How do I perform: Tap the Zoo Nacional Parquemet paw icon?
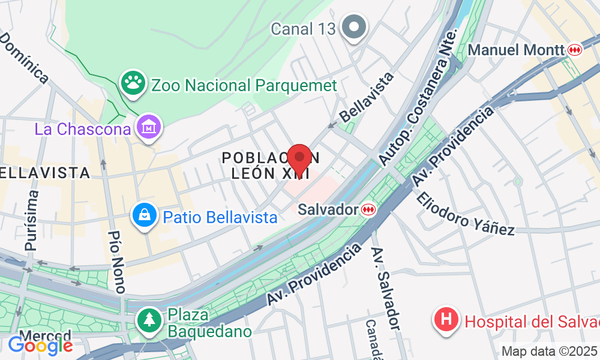coord(133,84)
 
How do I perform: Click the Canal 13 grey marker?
coord(354,28)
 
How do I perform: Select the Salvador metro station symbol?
coord(368,209)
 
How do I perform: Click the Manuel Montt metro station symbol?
coord(575,50)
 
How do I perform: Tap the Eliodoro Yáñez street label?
coord(466,214)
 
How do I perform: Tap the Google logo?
coord(41,346)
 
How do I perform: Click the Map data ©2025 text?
coord(550,351)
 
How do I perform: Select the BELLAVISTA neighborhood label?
coord(44,173)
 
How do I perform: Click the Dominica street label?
coord(25,57)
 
